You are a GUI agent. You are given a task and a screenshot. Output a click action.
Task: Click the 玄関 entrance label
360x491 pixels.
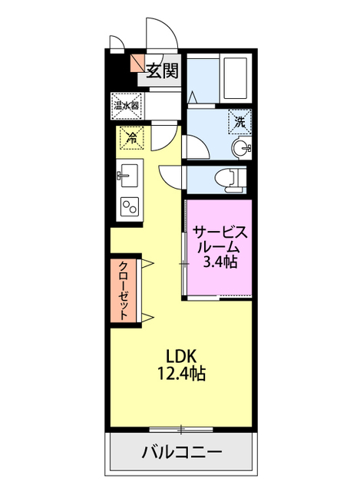point(162,72)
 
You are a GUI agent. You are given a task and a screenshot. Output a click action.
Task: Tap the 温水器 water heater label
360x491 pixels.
point(126,104)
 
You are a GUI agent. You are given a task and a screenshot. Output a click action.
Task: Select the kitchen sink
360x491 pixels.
point(128,174)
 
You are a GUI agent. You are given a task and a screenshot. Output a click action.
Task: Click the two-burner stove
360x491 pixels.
point(128,206)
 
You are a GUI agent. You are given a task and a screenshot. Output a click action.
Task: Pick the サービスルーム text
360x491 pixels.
point(219,239)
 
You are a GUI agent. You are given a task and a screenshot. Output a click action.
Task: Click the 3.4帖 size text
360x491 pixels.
point(219,263)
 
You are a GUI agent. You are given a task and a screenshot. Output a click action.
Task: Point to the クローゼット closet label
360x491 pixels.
point(123,290)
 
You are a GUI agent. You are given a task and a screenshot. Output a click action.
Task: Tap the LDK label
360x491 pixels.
point(183,357)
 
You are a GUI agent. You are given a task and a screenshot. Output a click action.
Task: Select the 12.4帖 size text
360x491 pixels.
point(183,374)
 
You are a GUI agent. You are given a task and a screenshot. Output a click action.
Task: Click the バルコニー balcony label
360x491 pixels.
point(182,451)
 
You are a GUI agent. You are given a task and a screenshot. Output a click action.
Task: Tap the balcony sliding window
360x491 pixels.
point(181,427)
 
